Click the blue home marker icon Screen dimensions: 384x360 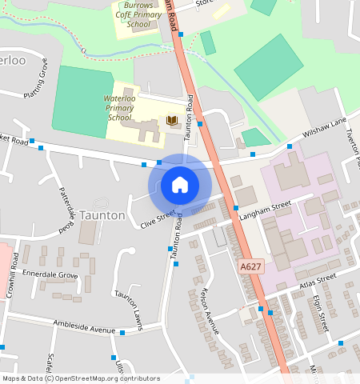[x=180, y=185]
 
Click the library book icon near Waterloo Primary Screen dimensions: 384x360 [x=172, y=121]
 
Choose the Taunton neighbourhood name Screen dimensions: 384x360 [x=102, y=215]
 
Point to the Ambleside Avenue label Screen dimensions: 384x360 [x=85, y=327]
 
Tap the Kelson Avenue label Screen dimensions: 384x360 [x=210, y=310]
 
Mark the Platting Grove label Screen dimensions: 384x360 [x=36, y=82]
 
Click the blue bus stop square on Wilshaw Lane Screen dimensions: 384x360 [x=289, y=146]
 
